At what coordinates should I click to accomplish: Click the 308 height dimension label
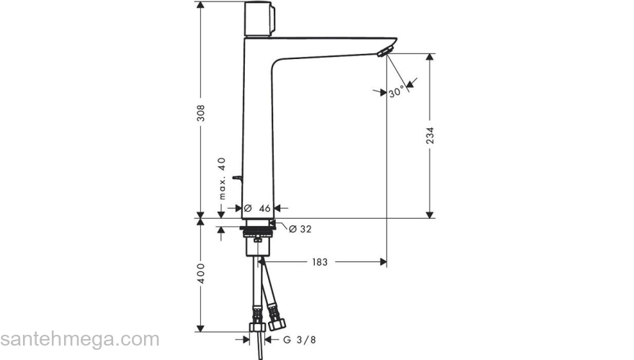[x=202, y=113]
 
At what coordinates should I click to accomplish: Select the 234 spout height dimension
[x=430, y=137]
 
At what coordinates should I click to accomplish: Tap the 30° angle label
[x=396, y=93]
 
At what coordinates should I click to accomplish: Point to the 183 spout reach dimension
[x=320, y=263]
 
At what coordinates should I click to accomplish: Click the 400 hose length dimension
[x=202, y=273]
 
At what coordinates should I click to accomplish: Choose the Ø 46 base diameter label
[x=257, y=208]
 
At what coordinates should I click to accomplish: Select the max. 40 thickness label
[x=223, y=178]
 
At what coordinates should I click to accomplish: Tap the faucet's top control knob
[x=261, y=20]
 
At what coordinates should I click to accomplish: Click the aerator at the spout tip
[x=384, y=50]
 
